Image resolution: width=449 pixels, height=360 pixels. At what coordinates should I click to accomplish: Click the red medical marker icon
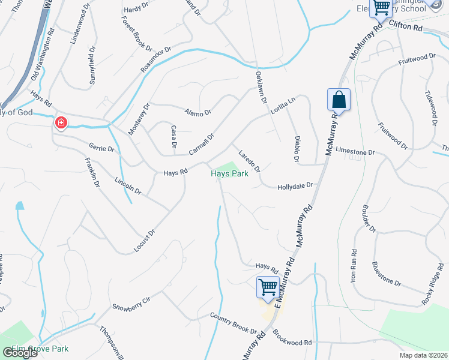(61, 123)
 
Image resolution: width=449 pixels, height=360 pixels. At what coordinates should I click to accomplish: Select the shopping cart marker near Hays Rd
(267, 286)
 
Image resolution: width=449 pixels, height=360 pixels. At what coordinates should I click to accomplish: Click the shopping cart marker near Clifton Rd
(381, 7)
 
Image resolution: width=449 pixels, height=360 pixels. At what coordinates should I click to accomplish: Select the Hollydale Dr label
(296, 187)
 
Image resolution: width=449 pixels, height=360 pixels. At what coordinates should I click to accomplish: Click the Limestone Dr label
(355, 152)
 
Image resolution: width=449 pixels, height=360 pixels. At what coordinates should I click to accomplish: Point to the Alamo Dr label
(198, 112)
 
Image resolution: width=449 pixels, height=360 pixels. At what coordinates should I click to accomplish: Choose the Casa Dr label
(173, 137)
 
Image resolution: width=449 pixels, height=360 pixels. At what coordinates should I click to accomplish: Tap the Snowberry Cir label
(130, 303)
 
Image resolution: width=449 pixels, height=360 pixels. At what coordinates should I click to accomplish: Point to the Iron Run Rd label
(354, 266)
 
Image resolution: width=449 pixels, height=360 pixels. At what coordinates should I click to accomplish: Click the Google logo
(20, 353)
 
